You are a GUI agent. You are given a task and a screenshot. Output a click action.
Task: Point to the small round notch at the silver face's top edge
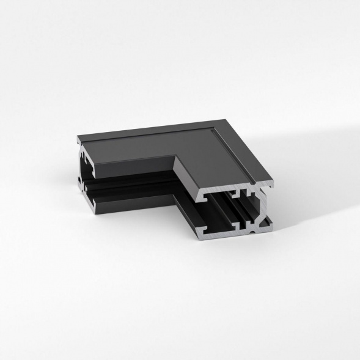click(251, 183)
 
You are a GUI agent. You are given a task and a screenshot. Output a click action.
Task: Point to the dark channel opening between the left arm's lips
click(134, 180)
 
